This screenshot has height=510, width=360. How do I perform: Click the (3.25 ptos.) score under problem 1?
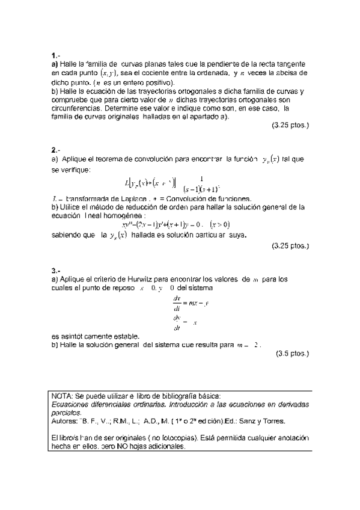(x=290, y=126)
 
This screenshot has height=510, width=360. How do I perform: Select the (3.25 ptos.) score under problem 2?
(x=290, y=245)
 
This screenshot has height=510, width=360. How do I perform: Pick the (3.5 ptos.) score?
(x=292, y=354)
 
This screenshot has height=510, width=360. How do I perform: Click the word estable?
(x=127, y=336)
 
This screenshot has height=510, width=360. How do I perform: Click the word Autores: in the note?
(x=66, y=422)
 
